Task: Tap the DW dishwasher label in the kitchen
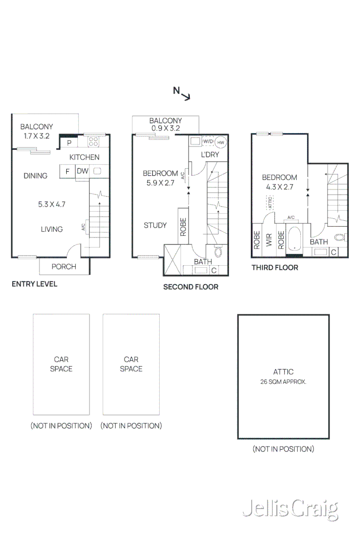pos(82,171)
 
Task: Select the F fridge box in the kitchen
pos(67,172)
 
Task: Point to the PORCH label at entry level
pos(64,267)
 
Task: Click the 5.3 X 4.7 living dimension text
pos(52,205)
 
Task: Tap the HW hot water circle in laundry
pos(220,142)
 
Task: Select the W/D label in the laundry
pos(208,142)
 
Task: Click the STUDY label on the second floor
pos(155,225)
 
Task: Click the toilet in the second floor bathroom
pos(218,251)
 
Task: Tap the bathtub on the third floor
pos(293,238)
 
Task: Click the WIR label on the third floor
pos(269,241)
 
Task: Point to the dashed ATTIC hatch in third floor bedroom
pos(271,203)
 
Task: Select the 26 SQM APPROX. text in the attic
pos(283,382)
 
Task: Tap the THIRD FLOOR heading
pos(275,268)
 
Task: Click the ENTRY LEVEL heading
pos(34,284)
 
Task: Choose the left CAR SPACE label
pos(61,364)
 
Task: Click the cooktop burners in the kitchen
pos(94,141)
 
